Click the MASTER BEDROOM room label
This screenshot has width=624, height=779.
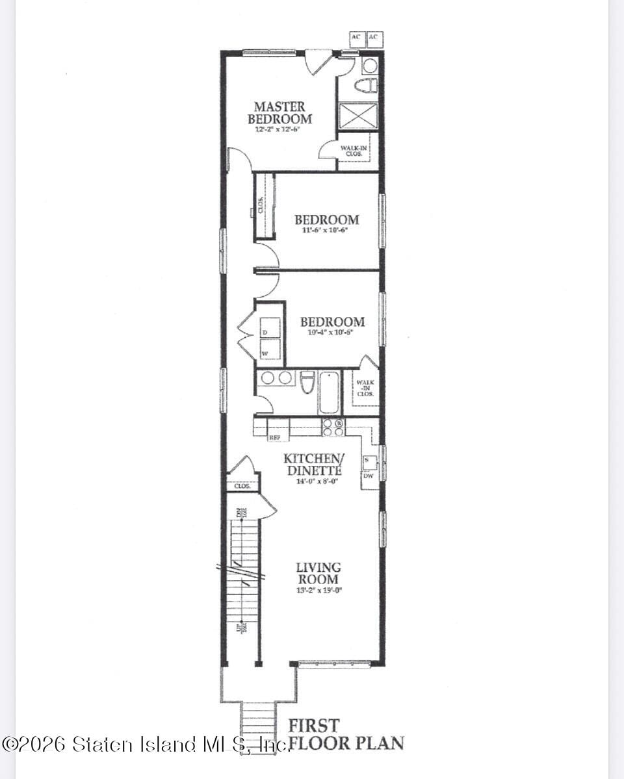point(279,112)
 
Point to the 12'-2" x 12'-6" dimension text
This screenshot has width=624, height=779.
point(281,129)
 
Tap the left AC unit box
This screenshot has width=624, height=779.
point(356,38)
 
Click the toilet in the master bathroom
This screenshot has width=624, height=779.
point(366,85)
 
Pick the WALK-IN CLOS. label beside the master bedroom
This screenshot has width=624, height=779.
point(354,151)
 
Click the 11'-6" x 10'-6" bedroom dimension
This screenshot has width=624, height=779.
point(326,230)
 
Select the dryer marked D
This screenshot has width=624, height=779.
point(270,328)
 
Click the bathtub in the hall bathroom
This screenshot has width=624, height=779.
point(329,392)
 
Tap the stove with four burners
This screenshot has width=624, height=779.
point(334,427)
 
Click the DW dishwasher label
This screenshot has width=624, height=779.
point(368,476)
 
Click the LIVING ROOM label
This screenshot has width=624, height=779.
point(318,573)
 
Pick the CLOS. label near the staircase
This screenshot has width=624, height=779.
point(242,485)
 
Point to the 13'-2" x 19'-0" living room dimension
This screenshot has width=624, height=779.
point(318,591)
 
